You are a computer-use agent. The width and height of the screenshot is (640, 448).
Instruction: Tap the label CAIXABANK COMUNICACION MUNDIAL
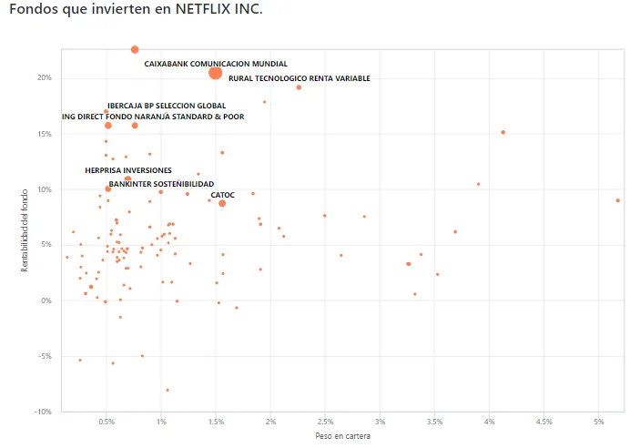(216, 65)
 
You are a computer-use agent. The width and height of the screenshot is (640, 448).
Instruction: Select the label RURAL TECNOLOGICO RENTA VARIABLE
(300, 79)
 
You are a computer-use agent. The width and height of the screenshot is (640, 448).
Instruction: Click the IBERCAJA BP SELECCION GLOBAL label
(167, 106)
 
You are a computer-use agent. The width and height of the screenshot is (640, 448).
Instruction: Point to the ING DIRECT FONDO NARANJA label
(153, 117)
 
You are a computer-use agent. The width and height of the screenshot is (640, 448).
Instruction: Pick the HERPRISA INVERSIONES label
(128, 170)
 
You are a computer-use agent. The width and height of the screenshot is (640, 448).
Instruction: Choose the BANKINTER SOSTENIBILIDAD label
(161, 184)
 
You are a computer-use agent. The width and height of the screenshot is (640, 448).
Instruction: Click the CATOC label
(222, 195)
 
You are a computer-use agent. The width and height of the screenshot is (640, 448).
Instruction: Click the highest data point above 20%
(135, 49)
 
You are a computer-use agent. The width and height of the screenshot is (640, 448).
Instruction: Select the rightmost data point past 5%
(617, 200)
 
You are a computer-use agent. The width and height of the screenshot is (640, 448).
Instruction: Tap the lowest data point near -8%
(168, 390)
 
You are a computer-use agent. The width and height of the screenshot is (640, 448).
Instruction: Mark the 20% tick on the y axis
(45, 78)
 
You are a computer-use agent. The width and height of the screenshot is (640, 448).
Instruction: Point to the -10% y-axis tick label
(43, 412)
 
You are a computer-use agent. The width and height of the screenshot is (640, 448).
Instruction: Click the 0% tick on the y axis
(46, 300)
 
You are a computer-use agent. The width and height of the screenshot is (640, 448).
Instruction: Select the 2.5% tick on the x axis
(325, 423)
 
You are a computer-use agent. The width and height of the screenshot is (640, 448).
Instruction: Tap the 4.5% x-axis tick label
(544, 423)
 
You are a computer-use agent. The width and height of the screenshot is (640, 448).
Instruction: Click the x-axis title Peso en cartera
(342, 436)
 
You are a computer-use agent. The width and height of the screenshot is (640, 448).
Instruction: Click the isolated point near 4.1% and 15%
(503, 132)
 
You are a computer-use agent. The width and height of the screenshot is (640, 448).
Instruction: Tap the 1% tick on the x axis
(161, 423)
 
